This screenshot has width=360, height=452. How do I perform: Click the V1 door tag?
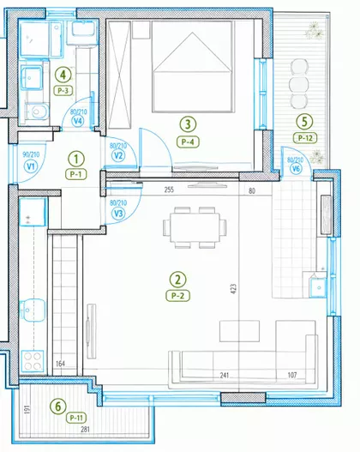click(x=31, y=166)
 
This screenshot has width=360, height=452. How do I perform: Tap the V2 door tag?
click(x=118, y=156)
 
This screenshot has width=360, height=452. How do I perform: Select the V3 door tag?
click(x=118, y=214)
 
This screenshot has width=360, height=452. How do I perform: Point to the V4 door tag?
click(x=78, y=121)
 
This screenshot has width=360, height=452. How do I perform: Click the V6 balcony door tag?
click(x=296, y=169)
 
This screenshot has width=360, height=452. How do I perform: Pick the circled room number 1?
click(x=76, y=160)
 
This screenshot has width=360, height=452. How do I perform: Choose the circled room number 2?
click(x=178, y=280)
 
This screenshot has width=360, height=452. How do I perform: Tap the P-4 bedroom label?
click(x=188, y=142)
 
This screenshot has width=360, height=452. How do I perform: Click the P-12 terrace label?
click(x=305, y=138)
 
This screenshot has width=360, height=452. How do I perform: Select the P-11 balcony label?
click(x=76, y=418)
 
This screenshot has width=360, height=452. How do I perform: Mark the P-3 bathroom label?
click(x=63, y=91)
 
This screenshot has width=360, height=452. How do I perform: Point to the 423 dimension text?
click(x=233, y=288)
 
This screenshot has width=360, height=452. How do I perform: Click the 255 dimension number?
click(x=169, y=190)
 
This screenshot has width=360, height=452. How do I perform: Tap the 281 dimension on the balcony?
click(x=85, y=429)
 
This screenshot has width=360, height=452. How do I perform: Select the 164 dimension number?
click(x=60, y=364)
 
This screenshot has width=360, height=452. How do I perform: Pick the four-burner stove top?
click(x=33, y=361)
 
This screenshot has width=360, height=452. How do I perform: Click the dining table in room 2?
click(x=195, y=228)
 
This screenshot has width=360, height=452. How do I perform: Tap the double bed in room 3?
click(x=192, y=67)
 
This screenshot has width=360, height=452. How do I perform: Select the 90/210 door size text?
click(x=31, y=154)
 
